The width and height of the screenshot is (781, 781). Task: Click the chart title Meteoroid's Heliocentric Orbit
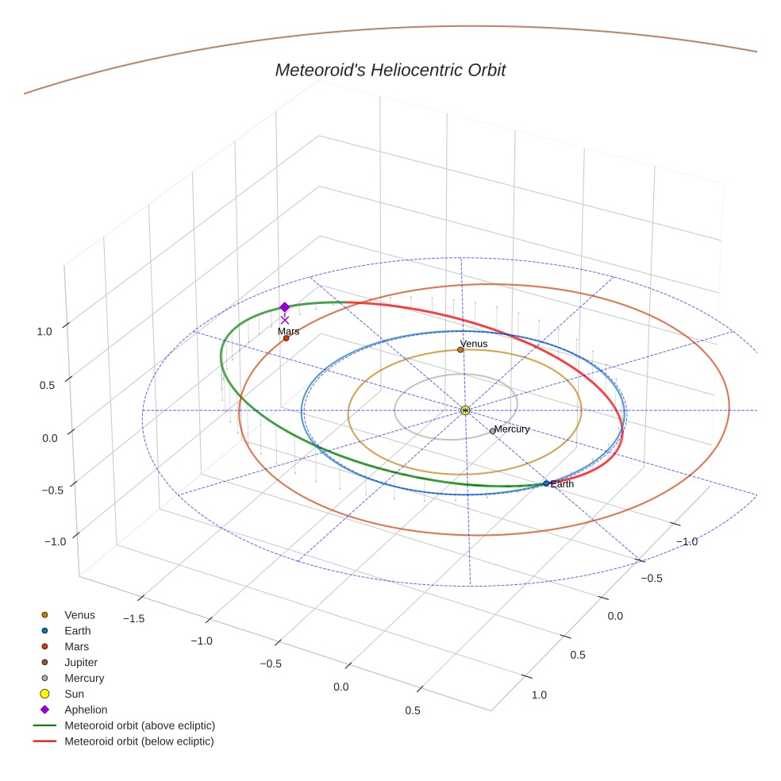pos(390,70)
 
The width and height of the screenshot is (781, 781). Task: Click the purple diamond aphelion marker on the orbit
pos(284,307)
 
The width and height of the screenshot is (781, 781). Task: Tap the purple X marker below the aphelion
pos(285,320)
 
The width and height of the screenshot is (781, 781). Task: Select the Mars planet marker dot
pos(286,338)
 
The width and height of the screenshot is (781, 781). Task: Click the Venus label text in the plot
pos(474,344)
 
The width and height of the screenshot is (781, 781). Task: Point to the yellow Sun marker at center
pos(465,410)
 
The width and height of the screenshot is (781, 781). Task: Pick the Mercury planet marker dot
pos(492,431)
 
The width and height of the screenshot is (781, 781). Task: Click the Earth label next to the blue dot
pos(562,483)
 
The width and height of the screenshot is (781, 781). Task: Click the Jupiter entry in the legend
pos(80,662)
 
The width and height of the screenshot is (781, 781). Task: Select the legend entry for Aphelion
pos(85,710)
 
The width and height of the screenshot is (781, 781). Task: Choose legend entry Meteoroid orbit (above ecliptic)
pos(139,725)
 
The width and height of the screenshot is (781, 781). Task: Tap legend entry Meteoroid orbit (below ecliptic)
pos(139,741)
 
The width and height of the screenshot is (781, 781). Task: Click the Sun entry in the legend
pos(74,694)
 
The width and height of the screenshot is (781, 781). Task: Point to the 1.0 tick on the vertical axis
pos(45,332)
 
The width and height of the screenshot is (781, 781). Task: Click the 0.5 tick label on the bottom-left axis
pos(413,710)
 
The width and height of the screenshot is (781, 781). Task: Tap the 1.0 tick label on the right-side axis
pos(539,695)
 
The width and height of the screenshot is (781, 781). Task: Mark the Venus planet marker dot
pos(460,349)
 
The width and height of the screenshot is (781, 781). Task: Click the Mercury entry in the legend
pos(84,678)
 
